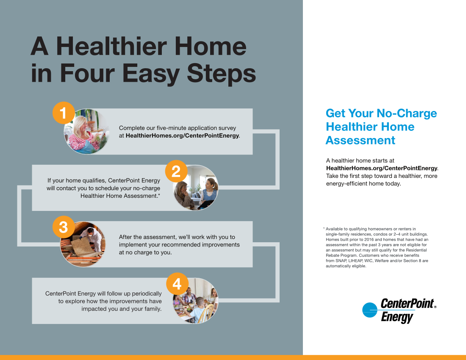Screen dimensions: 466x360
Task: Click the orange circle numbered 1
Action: pyautogui.click(x=63, y=113)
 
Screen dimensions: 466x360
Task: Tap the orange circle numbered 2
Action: pyautogui.click(x=176, y=172)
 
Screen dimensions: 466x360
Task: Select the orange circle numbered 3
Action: pyautogui.click(x=63, y=227)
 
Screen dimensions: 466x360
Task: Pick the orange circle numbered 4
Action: pyautogui.click(x=177, y=284)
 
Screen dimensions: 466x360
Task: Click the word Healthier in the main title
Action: pyautogui.click(x=111, y=46)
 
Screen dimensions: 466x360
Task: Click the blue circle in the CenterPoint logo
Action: pyautogui.click(x=370, y=310)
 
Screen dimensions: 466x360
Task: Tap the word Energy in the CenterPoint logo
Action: pyautogui.click(x=397, y=317)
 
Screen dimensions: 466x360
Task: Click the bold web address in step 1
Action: pyautogui.click(x=182, y=136)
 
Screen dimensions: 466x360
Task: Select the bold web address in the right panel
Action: pyautogui.click(x=382, y=168)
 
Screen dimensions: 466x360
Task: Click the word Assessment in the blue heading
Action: pyautogui.click(x=361, y=140)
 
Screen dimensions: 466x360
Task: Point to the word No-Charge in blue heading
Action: pyautogui.click(x=407, y=113)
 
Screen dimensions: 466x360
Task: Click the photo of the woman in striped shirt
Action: pyautogui.click(x=86, y=131)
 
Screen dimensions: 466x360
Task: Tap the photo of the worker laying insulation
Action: pyautogui.click(x=83, y=244)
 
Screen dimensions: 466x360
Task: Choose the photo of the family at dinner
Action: pyautogui.click(x=196, y=301)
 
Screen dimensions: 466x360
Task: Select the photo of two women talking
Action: pyautogui.click(x=196, y=188)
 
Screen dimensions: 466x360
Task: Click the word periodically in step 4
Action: pyautogui.click(x=147, y=294)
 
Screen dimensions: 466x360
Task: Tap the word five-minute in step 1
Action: pyautogui.click(x=169, y=128)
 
